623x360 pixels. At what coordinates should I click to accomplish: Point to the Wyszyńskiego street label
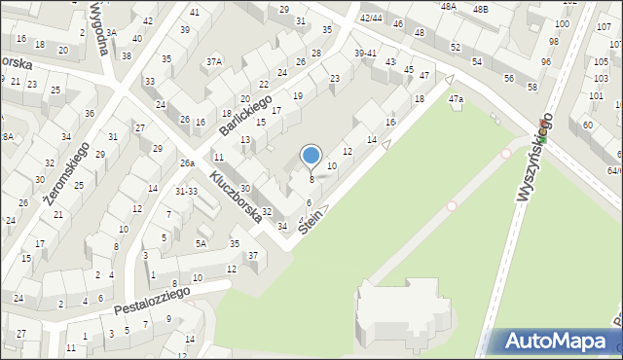(x=534, y=157)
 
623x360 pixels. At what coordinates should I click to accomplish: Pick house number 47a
(x=456, y=99)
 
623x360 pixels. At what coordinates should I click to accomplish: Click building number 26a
(x=187, y=163)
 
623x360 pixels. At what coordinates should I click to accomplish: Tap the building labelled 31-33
(x=186, y=191)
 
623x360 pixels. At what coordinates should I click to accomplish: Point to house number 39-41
(x=365, y=53)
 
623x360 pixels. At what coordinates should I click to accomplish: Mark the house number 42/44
(x=370, y=18)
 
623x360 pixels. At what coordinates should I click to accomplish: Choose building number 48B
(x=480, y=9)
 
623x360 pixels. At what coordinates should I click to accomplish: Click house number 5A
(x=202, y=243)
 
